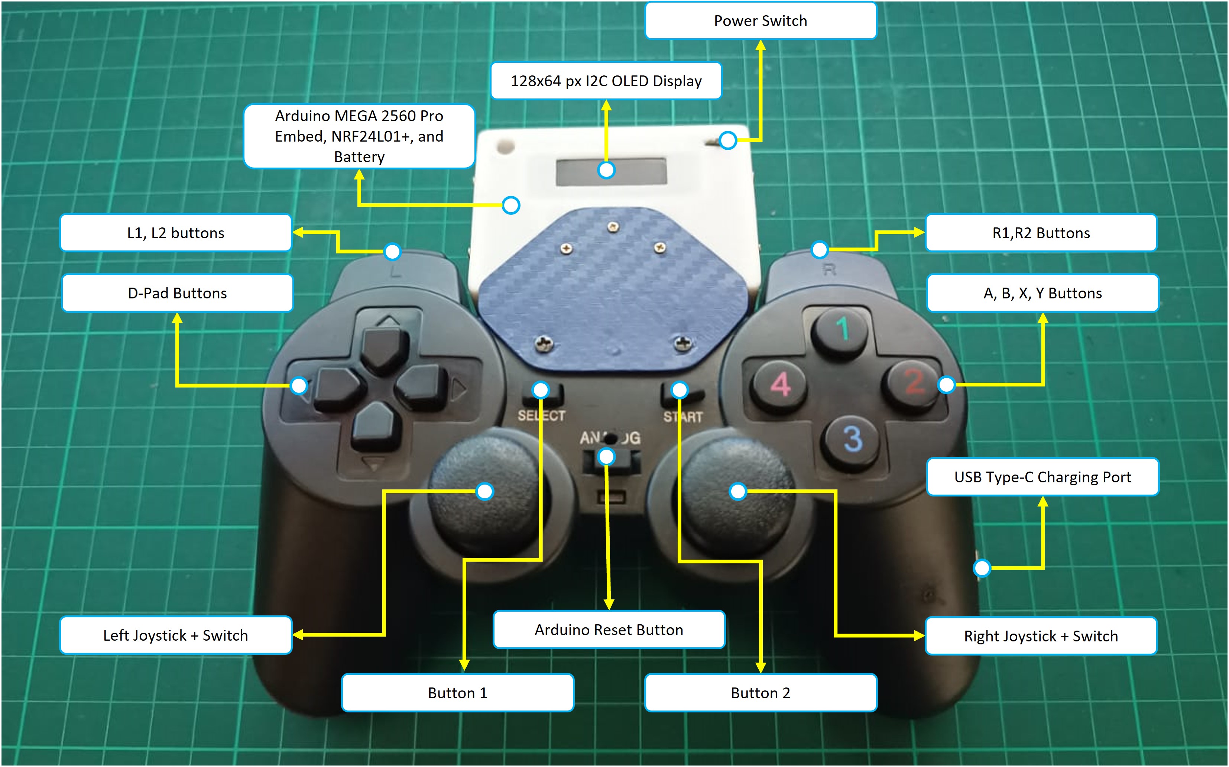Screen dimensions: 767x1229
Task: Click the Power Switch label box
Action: tap(760, 21)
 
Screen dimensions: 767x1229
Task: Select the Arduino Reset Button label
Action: tap(609, 630)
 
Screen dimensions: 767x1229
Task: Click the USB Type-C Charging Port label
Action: tap(1042, 477)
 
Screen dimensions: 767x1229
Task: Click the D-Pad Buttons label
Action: tap(177, 293)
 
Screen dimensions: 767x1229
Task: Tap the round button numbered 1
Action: tap(840, 330)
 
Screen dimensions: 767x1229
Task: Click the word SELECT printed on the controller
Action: tap(541, 416)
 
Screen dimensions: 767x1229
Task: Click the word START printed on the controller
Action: tap(682, 417)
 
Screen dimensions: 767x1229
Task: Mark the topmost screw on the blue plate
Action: tap(613, 226)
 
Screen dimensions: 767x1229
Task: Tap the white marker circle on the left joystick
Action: tap(485, 491)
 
